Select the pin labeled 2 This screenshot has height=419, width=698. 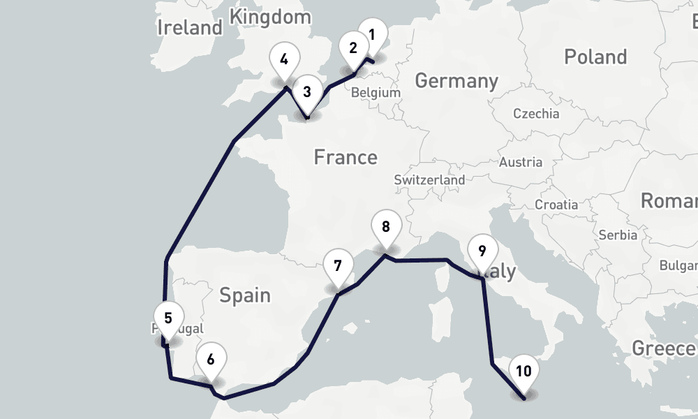click(353, 49)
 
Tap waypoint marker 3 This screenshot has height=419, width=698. click(307, 91)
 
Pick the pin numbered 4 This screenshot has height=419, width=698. click(284, 59)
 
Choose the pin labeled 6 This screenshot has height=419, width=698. click(211, 360)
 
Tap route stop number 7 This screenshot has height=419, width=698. click(338, 267)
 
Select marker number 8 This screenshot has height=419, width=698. click(386, 227)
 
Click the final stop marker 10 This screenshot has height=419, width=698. click(525, 372)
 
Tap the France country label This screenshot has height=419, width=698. click(346, 157)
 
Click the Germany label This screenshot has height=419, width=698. click(456, 81)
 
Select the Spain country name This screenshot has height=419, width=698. click(245, 295)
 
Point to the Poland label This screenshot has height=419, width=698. click(595, 57)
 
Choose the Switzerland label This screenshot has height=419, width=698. click(429, 180)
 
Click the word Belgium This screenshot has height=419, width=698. click(376, 93)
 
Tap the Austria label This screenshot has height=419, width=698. click(521, 163)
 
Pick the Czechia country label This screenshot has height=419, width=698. click(536, 114)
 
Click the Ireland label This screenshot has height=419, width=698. click(189, 28)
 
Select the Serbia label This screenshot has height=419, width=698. click(618, 235)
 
